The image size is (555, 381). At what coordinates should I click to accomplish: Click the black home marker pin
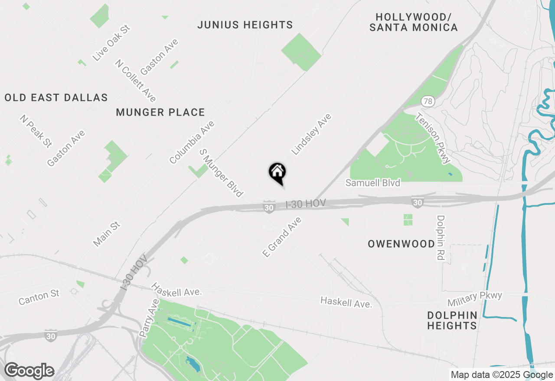[x=277, y=172]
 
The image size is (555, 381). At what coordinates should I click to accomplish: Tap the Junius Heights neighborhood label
[x=245, y=25]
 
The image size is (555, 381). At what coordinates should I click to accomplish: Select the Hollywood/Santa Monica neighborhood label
[x=413, y=23]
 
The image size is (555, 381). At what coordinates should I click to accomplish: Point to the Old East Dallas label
[x=56, y=97]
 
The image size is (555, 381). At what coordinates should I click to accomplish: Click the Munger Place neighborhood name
[x=160, y=113]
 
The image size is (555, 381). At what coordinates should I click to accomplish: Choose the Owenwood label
[x=401, y=244]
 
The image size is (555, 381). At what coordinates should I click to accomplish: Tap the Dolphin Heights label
[x=452, y=320]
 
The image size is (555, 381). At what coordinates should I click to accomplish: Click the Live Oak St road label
[x=111, y=43]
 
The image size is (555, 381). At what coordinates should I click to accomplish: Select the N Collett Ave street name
[x=135, y=81]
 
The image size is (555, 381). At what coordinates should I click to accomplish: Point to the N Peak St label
[x=36, y=131]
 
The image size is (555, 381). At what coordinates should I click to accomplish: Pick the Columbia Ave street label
[x=192, y=142]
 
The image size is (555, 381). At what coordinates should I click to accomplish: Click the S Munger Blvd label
[x=221, y=173]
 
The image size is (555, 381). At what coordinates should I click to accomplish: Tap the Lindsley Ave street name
[x=311, y=134]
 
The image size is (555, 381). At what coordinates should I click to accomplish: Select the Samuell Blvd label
[x=372, y=183]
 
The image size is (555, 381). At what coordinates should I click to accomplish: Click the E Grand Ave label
[x=282, y=237]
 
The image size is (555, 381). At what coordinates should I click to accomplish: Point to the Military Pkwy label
[x=475, y=298]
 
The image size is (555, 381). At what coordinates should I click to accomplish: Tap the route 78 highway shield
[x=428, y=102]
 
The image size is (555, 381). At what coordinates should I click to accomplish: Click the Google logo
[x=29, y=371]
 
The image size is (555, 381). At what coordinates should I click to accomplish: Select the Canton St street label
[x=39, y=297]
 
